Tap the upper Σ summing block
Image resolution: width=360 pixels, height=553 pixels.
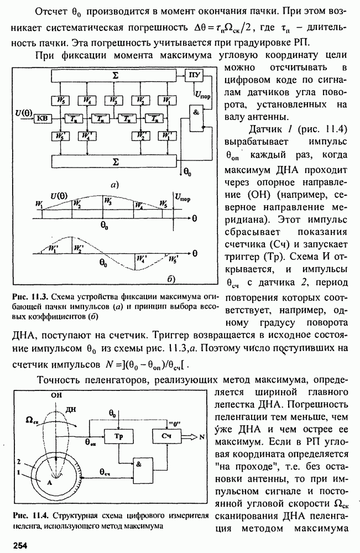[113, 75]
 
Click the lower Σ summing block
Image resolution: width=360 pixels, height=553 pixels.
[113, 161]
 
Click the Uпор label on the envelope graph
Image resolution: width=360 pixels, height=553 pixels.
[181, 197]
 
